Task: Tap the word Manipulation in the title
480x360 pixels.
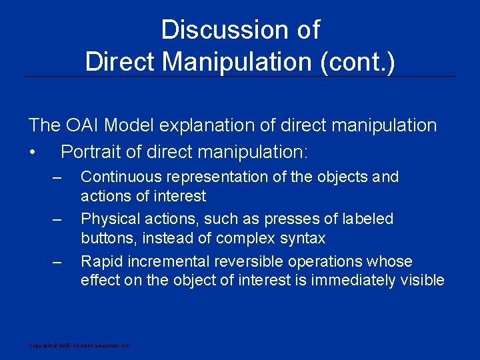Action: [x=239, y=62]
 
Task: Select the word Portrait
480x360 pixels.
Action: [x=89, y=152]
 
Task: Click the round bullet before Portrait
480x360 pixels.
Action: [x=32, y=153]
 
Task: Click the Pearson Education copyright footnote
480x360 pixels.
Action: [x=79, y=345]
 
